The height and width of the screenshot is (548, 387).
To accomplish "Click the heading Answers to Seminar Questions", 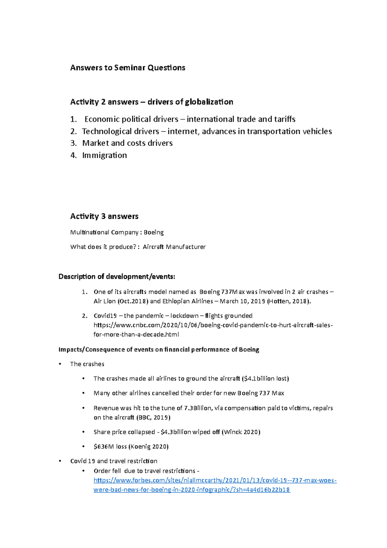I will [x=128, y=68].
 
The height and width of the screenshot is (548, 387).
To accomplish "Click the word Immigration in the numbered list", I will [x=104, y=155].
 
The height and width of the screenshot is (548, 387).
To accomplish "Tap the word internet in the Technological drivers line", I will [x=183, y=131].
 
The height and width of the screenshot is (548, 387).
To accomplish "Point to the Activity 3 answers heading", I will [x=104, y=216].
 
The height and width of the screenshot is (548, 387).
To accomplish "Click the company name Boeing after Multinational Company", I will [x=154, y=232].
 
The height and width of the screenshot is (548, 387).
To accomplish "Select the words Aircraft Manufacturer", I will [x=174, y=247].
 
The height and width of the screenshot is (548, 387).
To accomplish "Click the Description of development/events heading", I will [x=117, y=277].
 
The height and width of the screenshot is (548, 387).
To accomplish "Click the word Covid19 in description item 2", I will [x=105, y=316].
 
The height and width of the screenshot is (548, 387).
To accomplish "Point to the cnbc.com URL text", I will [x=213, y=325].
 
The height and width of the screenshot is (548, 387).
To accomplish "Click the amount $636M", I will [x=104, y=447].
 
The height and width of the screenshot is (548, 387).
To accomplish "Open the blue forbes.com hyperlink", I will [x=215, y=481].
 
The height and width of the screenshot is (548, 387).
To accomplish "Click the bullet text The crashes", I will [x=87, y=364].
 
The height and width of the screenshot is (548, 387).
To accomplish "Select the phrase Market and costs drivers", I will [x=127, y=143].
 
